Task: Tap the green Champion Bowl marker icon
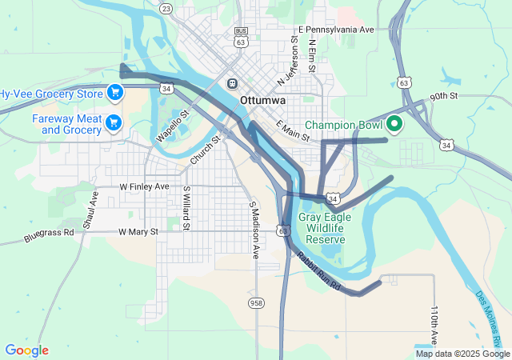[x=394, y=125]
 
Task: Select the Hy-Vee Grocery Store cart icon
[x=114, y=93]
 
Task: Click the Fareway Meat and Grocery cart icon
[x=113, y=122]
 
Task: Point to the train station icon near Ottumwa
[x=232, y=83]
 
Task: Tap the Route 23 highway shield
[x=166, y=8]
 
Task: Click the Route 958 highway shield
[x=256, y=302]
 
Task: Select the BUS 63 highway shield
[x=241, y=36]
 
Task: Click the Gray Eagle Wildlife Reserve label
[x=325, y=227]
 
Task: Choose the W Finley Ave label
[x=144, y=186]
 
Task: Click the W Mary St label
[x=138, y=232]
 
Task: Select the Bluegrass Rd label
[x=48, y=235]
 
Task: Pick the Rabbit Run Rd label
[x=318, y=271]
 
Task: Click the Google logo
[x=26, y=350]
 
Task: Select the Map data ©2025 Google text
[x=462, y=354]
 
